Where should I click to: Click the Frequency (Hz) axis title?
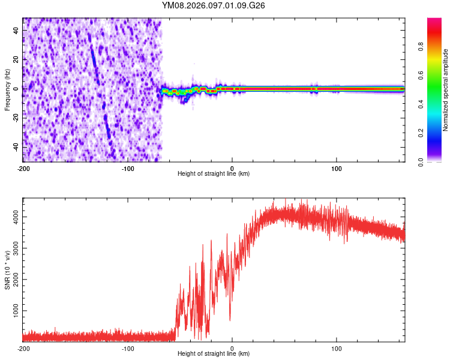click(7, 89)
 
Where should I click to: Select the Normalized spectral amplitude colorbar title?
click(446, 90)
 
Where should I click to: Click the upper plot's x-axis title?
click(214, 174)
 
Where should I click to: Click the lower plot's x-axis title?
click(214, 354)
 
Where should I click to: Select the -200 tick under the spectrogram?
click(23, 168)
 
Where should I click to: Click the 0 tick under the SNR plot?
click(232, 348)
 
